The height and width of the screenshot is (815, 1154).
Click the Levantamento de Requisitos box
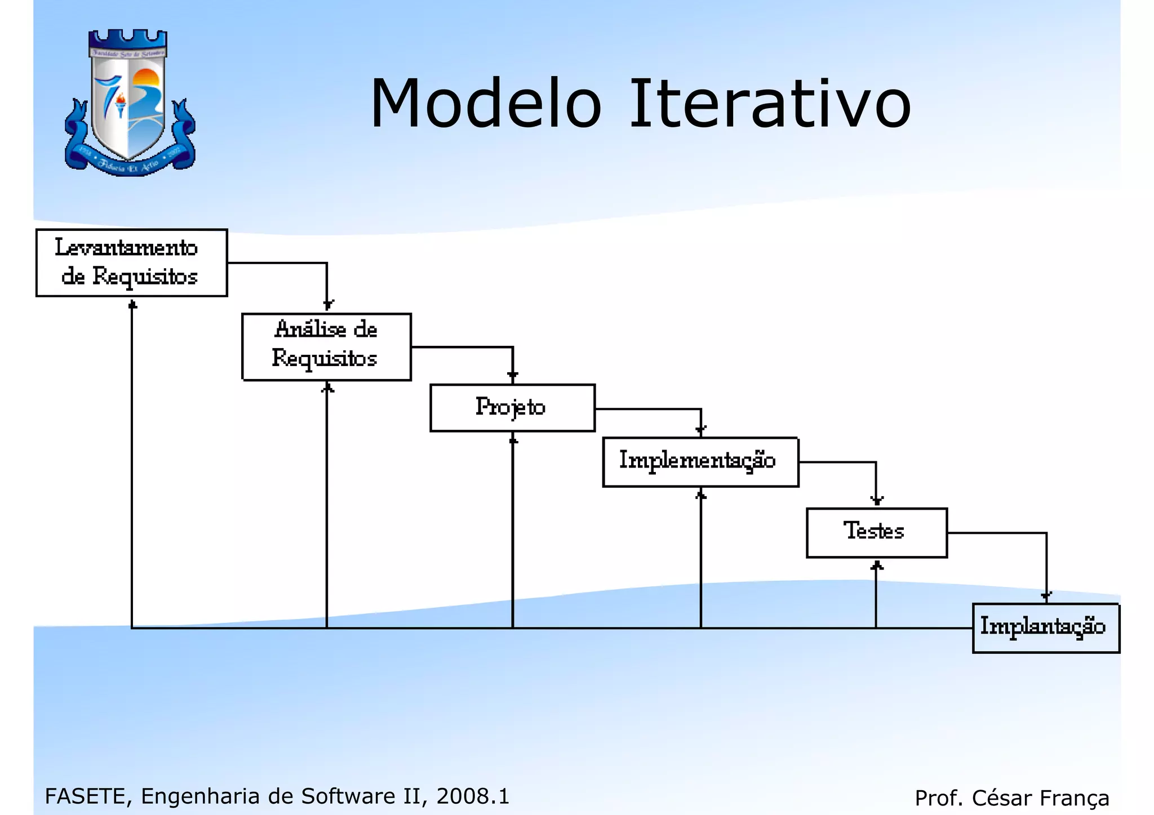(131, 262)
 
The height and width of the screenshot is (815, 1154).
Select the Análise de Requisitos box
(326, 346)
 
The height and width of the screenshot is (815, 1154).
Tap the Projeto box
(512, 408)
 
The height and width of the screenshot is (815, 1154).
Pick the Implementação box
(700, 461)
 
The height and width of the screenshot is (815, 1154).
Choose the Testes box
(876, 532)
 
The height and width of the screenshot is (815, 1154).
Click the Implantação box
(1045, 627)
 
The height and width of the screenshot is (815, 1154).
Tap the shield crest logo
(130, 104)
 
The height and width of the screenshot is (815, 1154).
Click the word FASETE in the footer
(85, 796)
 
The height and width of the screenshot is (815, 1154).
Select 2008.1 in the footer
(473, 796)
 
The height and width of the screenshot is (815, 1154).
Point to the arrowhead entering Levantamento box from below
(132, 305)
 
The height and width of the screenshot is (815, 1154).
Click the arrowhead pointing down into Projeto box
(512, 376)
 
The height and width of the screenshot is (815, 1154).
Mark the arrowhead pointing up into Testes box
(876, 565)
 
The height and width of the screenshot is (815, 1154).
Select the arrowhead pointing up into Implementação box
(700, 495)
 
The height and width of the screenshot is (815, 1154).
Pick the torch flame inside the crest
(121, 99)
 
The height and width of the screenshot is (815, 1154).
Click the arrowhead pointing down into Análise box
(328, 305)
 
